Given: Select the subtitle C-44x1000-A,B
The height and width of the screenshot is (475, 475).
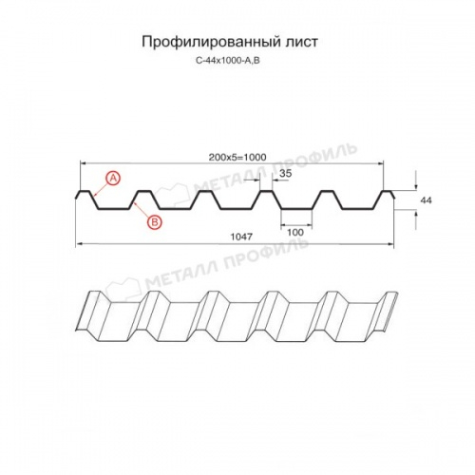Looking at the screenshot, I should click(x=237, y=61).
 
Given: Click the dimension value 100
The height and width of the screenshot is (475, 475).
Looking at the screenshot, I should click(x=294, y=232).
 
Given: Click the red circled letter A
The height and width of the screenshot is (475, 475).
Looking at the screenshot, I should click(x=113, y=178).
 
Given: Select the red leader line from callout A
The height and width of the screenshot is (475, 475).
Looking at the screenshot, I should click(x=99, y=186).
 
